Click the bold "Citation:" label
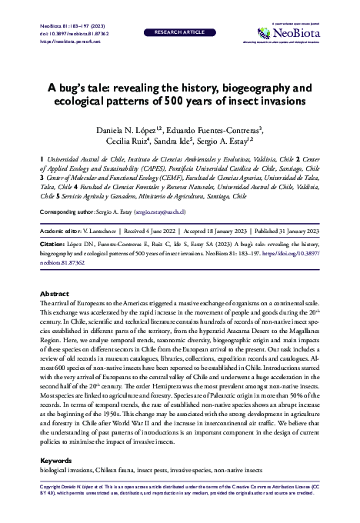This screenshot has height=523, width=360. click(x=55, y=241)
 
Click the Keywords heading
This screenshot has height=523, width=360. click(x=56, y=461)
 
